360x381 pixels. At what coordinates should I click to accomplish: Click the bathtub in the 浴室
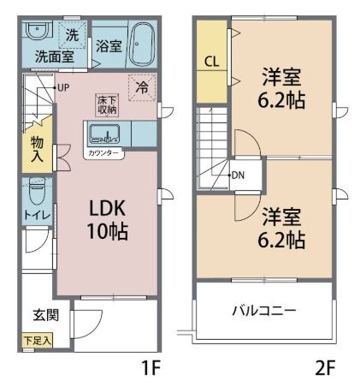click(143, 45)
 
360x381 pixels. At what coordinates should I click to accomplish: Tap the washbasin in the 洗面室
click(38, 31)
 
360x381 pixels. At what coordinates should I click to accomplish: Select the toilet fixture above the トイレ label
click(37, 191)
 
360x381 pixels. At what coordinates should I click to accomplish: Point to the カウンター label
click(103, 153)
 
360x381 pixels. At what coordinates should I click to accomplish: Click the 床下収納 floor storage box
click(107, 104)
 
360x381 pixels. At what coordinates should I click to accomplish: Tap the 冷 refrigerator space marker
click(142, 87)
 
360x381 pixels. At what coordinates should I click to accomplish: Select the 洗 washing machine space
click(72, 35)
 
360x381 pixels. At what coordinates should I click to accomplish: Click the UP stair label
click(63, 87)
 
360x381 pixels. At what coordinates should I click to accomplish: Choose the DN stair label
click(238, 176)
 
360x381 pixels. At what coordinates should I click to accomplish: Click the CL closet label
click(212, 62)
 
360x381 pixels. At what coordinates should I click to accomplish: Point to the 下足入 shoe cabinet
click(38, 340)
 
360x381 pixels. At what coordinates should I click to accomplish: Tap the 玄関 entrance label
click(46, 315)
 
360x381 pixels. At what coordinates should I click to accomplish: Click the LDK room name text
click(108, 208)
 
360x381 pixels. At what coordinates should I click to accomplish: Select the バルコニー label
click(264, 311)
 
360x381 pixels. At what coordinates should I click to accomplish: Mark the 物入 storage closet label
click(37, 149)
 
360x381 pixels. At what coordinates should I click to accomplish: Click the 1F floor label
click(151, 368)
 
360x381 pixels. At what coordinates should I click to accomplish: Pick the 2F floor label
click(325, 368)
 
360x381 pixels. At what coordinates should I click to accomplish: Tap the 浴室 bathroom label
click(109, 46)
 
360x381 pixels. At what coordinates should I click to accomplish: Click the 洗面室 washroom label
click(55, 57)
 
